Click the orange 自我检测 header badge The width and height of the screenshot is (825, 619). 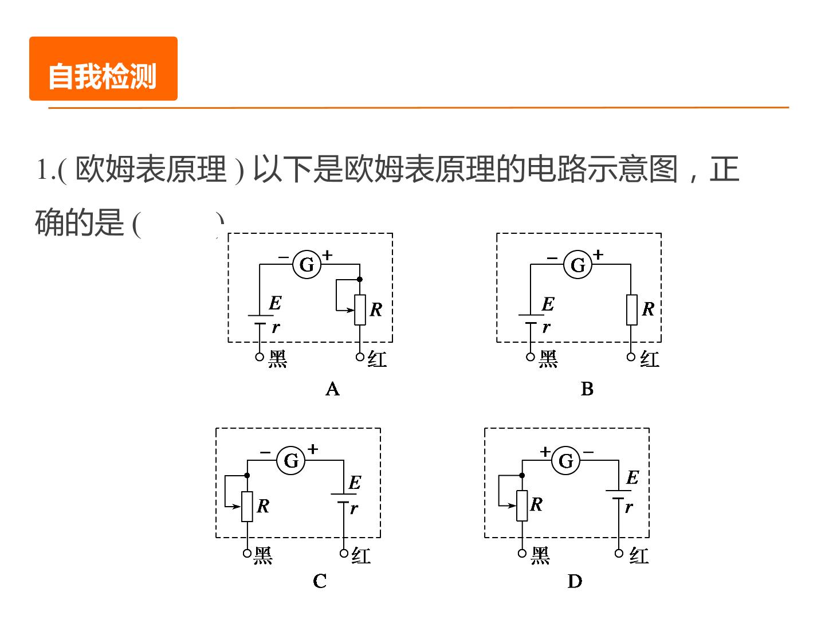(x=103, y=68)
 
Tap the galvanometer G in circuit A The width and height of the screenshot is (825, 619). (x=307, y=264)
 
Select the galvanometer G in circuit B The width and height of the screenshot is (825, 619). (x=577, y=264)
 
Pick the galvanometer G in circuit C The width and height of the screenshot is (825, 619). (x=291, y=460)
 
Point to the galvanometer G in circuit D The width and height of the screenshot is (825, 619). (x=565, y=460)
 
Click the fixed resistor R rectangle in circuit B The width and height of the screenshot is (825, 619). (x=631, y=309)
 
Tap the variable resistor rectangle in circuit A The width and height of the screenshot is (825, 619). (x=360, y=309)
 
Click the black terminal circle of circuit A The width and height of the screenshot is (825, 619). (x=260, y=356)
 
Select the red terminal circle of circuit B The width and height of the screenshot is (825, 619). (x=631, y=356)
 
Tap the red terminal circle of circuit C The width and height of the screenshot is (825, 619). (x=344, y=553)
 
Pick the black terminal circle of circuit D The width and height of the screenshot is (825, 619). (x=522, y=553)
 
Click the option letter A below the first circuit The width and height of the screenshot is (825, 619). (x=333, y=389)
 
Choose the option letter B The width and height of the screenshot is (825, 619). (x=587, y=389)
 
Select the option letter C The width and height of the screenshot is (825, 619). (x=320, y=581)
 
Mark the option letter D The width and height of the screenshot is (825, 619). (x=575, y=581)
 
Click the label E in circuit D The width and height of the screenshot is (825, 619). (x=632, y=477)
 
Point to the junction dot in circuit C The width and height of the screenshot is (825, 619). (x=247, y=476)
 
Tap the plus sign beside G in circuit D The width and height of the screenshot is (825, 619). (x=545, y=451)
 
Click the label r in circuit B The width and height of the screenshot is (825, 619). (x=547, y=327)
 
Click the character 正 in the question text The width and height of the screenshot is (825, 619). (x=724, y=169)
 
